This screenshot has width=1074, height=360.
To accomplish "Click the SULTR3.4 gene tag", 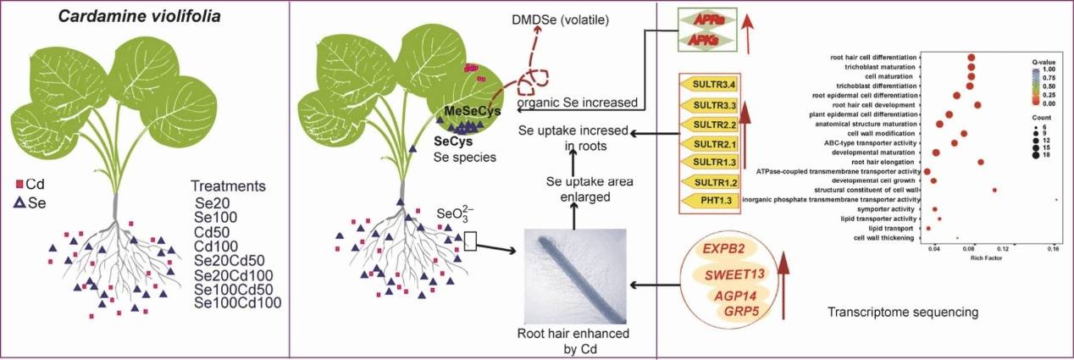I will tap(713, 85).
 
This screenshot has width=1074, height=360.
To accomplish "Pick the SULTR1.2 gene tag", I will tap(713, 181).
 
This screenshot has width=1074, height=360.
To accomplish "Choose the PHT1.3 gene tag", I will tap(713, 201).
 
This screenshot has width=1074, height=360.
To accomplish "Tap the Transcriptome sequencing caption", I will tap(903, 313).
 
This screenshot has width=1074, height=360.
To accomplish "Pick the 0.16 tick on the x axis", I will tap(1054, 250).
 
